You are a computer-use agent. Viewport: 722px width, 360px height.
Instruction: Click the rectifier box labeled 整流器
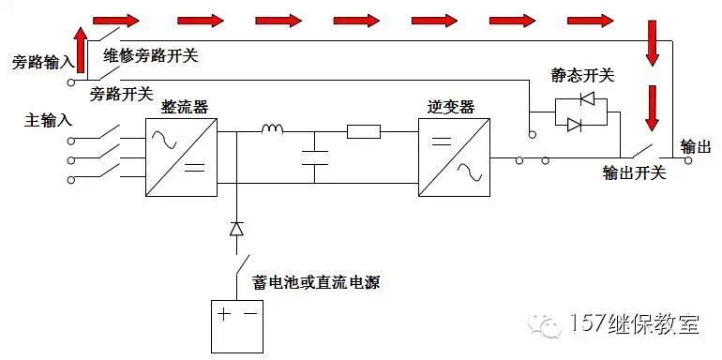[x=181, y=157]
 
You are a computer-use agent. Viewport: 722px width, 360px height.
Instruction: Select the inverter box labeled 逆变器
[x=454, y=157]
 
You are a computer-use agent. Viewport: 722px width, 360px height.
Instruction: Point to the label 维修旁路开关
[x=150, y=55]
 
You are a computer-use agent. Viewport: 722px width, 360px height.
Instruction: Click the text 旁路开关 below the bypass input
[x=121, y=94]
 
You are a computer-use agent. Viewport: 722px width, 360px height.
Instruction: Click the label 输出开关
[x=635, y=173]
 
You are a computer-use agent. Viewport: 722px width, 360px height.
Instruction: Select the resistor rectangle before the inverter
[x=363, y=132]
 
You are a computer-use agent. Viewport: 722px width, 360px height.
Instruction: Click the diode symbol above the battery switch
[x=236, y=228]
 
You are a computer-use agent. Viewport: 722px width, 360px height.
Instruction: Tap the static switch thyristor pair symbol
[x=580, y=112]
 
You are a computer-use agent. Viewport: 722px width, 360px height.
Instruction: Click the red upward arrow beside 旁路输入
[x=82, y=50]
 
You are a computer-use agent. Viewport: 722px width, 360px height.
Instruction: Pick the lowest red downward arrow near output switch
[x=651, y=109]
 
